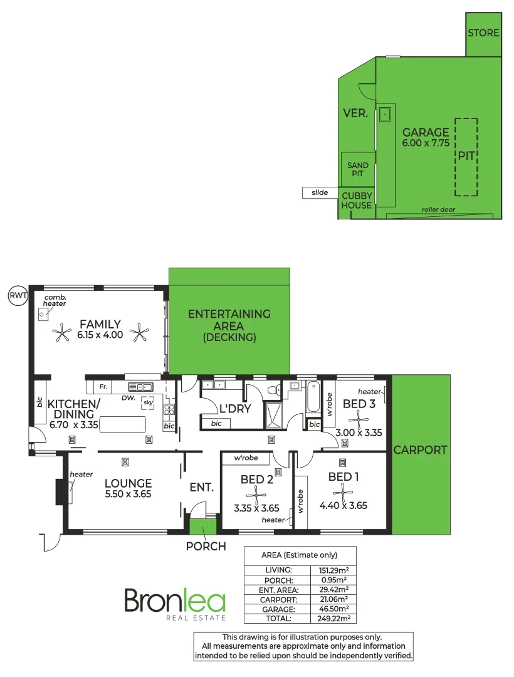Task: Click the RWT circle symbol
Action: point(18,295)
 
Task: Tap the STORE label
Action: point(484,33)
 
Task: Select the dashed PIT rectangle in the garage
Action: point(466,157)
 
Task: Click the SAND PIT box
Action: point(357,169)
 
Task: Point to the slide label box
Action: point(320,192)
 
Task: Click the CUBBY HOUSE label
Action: point(357,201)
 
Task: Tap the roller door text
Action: point(438,209)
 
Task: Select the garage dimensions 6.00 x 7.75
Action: point(426,144)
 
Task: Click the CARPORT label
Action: point(421,449)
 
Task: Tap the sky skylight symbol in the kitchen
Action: point(149,403)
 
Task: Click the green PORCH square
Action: point(202,527)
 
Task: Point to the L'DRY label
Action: point(235,409)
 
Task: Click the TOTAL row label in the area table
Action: point(278,618)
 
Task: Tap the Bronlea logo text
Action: point(174,601)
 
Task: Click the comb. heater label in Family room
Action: point(55,300)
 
